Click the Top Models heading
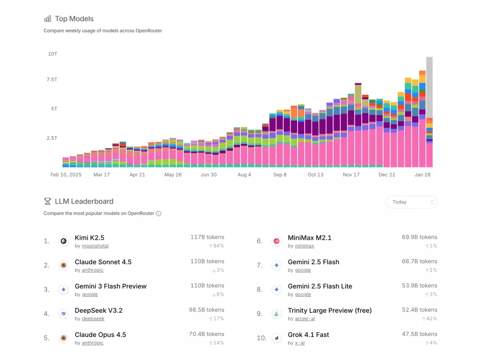tap(74, 19)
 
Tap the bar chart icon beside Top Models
tap(48, 19)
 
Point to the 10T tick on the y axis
tap(52, 54)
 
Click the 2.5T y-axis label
tap(52, 138)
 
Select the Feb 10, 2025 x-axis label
tap(66, 175)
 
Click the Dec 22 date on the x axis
tap(386, 175)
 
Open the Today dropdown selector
tap(411, 202)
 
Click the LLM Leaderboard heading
tap(84, 201)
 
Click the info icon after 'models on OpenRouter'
tap(159, 214)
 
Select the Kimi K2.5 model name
tap(89, 238)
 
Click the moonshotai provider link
tap(95, 246)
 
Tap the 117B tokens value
tap(207, 237)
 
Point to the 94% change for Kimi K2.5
tap(216, 246)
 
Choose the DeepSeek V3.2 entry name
tap(98, 310)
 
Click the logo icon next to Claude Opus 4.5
tap(64, 338)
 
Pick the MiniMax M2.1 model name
tap(309, 238)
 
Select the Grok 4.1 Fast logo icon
tap(276, 338)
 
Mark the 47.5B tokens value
tap(419, 334)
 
